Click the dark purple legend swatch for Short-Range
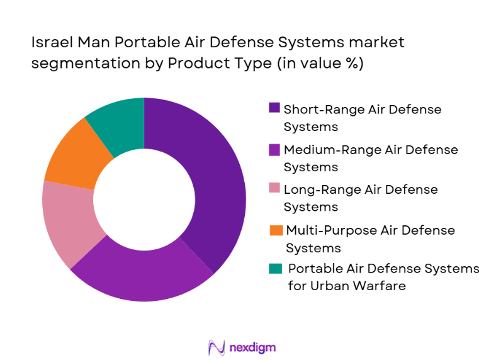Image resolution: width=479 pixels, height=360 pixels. coord(274,108)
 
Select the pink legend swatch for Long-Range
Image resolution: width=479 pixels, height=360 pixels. coord(274,188)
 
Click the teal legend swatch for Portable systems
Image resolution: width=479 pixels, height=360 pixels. coord(274,268)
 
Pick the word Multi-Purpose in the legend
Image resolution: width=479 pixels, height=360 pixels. coord(325,230)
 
